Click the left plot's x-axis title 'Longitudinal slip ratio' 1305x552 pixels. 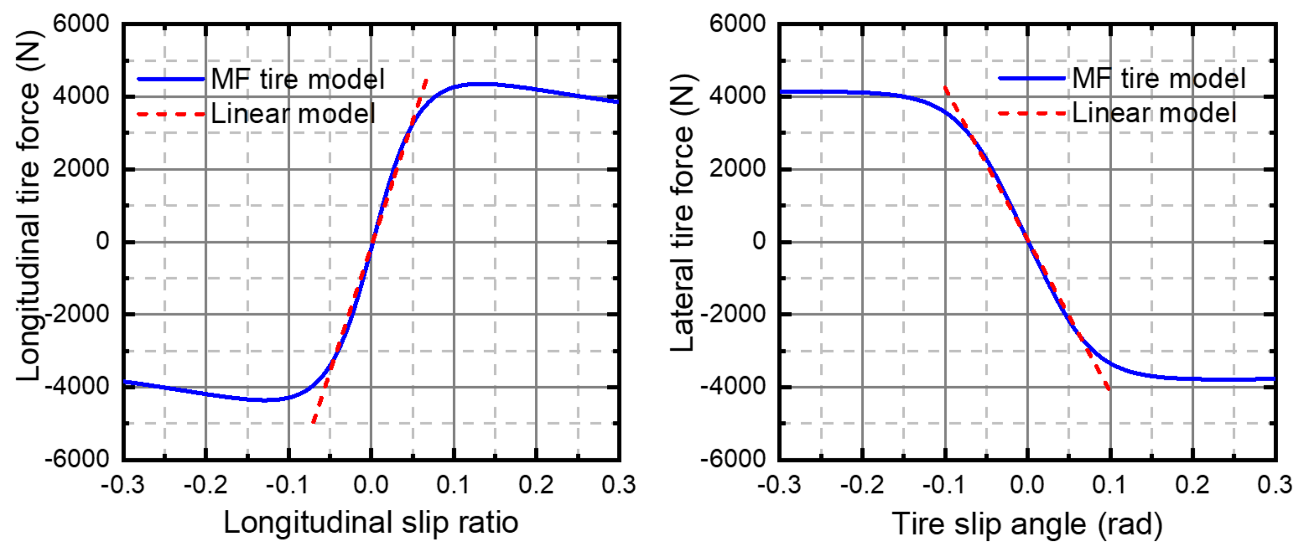pos(371,523)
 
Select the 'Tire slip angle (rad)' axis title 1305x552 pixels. pos(1027,524)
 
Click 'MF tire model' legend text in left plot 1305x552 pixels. pos(298,80)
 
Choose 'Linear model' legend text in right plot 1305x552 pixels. pos(1154,113)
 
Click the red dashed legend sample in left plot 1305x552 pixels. pos(171,115)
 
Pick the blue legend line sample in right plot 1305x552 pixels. pos(1032,79)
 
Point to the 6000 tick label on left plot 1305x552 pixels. pos(81,24)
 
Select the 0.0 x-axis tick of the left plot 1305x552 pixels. pos(371,485)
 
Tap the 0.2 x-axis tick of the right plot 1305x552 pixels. pos(1192,485)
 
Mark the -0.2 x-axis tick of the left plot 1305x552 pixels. pos(205,485)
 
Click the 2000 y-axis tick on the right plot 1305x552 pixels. pos(737,169)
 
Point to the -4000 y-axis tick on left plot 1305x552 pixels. pos(77,387)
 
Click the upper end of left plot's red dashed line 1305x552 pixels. pos(426,80)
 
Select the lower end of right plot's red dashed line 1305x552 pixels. pos(1110,389)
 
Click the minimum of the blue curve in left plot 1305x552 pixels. pos(264,400)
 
